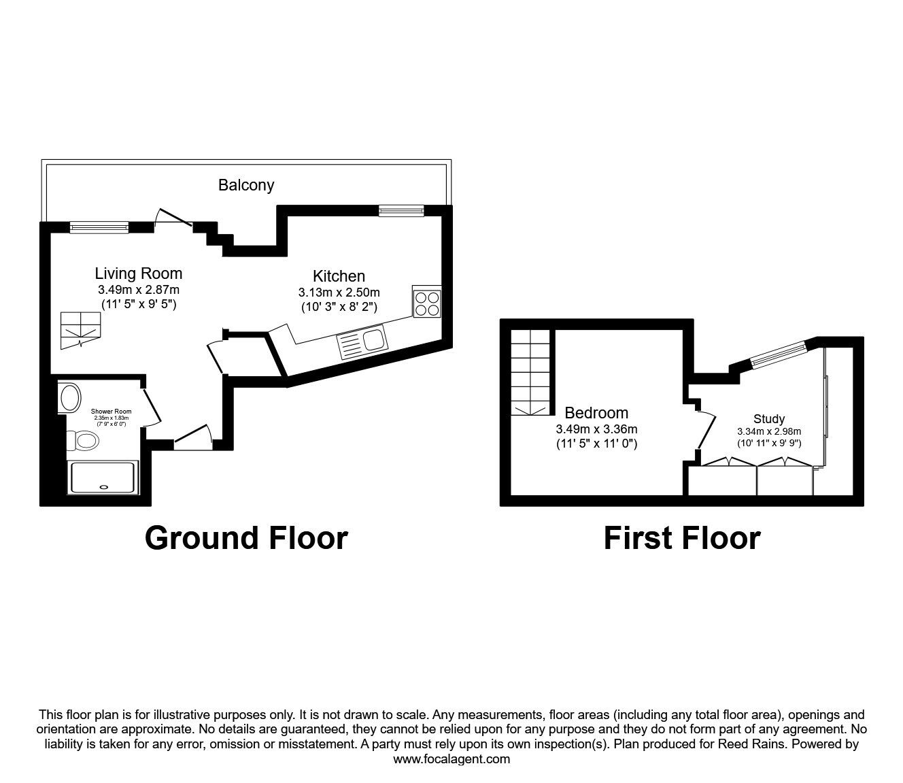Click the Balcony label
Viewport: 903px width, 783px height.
point(246,185)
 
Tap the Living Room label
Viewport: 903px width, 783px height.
point(139,273)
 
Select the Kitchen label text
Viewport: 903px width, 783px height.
point(339,276)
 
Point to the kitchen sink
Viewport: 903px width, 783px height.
point(362,342)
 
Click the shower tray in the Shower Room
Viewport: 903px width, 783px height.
point(103,478)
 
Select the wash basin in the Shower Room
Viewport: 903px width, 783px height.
point(70,398)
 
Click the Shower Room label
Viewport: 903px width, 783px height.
point(111,412)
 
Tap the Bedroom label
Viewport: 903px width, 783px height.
point(596,413)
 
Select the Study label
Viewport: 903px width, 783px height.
point(769,419)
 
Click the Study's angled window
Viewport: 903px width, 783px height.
point(779,354)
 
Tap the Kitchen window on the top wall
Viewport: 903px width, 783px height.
point(401,211)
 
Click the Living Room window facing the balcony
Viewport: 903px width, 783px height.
point(99,227)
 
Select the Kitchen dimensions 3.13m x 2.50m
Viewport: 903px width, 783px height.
point(339,292)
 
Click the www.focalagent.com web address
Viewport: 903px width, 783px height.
point(451,759)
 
